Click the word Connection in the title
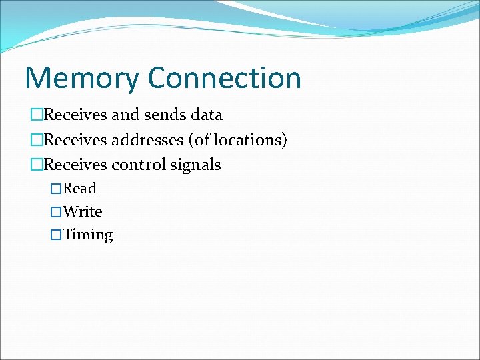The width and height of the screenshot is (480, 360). pos(225,77)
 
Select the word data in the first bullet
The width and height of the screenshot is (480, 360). pos(206,115)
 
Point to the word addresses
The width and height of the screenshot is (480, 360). pos(149,140)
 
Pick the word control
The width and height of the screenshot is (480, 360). pos(137,165)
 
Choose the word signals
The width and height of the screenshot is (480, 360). pos(195,165)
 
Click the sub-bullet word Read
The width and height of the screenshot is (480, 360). pos(80,189)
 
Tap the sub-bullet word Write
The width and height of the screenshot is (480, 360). pos(83,212)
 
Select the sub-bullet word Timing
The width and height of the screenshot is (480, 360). pos(88,235)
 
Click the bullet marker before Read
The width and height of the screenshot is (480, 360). pos(57,189)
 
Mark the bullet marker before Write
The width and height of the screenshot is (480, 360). pos(57,213)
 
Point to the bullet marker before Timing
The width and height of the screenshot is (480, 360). pos(57,235)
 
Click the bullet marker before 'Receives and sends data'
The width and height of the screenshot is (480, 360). pos(37,115)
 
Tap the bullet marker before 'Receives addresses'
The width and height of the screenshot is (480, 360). pos(37,141)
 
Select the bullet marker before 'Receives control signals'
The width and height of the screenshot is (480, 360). pos(37,165)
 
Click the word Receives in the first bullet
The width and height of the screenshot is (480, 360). pos(75,115)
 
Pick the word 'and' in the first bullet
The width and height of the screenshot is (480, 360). pos(125,115)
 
